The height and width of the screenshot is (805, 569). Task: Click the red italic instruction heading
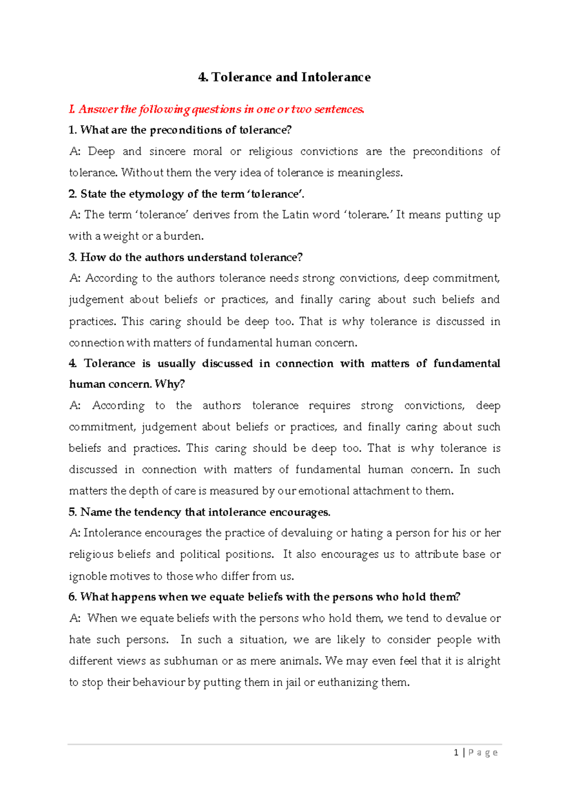click(x=217, y=110)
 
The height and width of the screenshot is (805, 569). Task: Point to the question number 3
click(x=73, y=257)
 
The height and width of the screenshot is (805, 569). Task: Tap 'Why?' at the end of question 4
click(x=170, y=384)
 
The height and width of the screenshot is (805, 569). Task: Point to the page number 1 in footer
click(x=456, y=752)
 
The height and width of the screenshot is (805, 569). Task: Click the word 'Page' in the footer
click(x=483, y=752)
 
